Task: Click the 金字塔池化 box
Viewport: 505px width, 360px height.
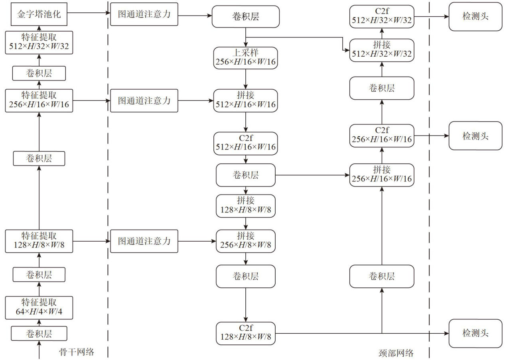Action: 39,14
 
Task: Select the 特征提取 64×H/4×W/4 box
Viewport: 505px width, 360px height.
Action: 39,307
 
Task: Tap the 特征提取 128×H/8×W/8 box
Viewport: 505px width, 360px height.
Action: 39,241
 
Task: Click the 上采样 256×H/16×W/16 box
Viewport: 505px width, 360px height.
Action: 245,58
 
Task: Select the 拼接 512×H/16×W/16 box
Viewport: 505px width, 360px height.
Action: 245,100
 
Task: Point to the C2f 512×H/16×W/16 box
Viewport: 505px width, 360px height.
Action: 245,143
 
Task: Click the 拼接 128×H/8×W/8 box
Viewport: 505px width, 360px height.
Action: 245,206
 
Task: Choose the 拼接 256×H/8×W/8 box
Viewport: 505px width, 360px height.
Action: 245,241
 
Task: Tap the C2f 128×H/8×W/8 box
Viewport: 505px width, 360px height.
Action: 245,333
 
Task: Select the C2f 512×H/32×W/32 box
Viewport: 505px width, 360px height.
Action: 382,17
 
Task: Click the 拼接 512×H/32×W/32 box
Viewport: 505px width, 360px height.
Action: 382,50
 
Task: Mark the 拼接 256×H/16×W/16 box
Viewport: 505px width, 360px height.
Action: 382,175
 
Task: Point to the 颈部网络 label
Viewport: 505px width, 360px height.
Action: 396,353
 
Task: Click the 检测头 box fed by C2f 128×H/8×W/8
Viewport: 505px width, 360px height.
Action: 475,333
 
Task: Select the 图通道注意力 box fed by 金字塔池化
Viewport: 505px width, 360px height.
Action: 144,14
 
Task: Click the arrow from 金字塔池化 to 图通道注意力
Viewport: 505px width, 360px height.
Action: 90,13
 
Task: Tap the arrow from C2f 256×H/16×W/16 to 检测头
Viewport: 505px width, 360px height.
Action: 431,136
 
